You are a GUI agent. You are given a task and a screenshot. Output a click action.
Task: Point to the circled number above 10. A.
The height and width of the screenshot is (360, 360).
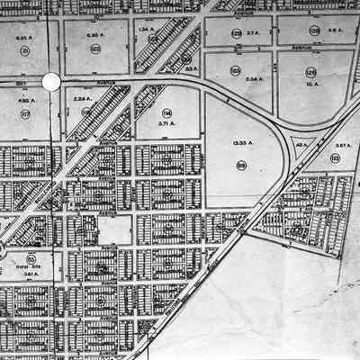click(x=311, y=71)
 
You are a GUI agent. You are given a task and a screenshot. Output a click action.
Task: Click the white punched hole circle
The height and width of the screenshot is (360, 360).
click(x=51, y=82)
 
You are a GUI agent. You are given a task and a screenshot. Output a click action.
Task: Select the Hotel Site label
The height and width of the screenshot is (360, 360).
click(x=31, y=267)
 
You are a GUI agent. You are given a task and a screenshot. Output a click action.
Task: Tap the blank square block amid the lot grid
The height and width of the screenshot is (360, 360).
click(x=114, y=230)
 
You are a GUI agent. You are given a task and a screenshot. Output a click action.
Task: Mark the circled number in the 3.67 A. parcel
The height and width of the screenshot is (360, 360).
click(x=335, y=157)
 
